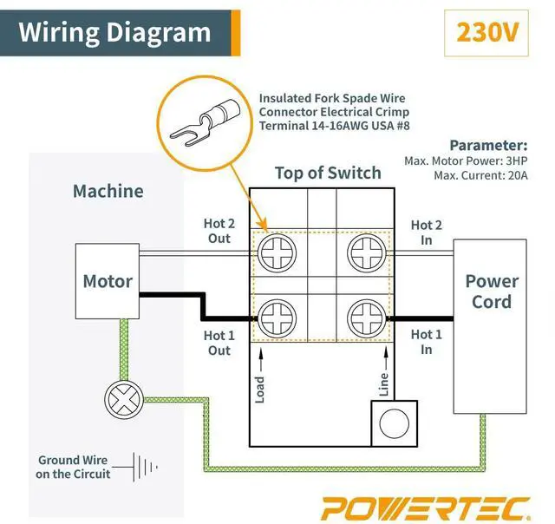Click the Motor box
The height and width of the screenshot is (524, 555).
108,281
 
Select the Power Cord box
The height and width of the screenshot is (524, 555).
490,326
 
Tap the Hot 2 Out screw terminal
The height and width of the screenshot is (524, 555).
277,252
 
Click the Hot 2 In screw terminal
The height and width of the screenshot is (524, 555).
366,252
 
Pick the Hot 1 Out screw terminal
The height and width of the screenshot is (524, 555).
277,318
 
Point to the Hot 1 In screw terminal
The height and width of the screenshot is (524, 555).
366,318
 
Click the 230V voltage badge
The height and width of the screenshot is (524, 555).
486,33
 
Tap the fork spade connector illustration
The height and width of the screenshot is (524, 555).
206,123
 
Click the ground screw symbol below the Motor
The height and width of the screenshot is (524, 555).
124,400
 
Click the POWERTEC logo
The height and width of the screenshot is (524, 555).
426,508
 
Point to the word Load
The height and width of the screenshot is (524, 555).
260,390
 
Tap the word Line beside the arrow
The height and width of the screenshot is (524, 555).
383,384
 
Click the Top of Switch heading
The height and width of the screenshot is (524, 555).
328,174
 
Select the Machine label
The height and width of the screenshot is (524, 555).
108,191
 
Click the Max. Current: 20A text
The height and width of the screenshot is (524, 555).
480,175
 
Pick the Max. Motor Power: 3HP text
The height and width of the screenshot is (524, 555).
466,160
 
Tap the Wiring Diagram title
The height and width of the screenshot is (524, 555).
114,33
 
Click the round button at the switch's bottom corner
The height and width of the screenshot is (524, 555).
394,423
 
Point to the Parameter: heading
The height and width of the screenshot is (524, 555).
488,145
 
